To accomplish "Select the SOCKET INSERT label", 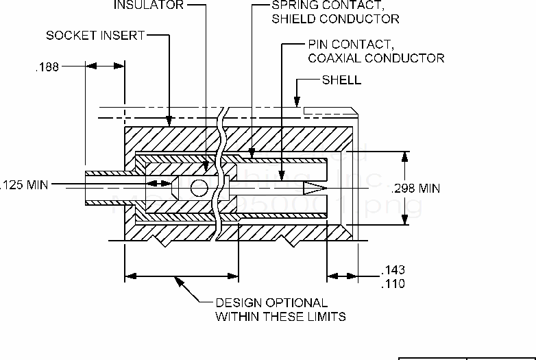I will pyautogui.click(x=96, y=34).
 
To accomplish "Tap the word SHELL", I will pyautogui.click(x=341, y=80).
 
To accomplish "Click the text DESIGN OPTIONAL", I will pyautogui.click(x=271, y=302).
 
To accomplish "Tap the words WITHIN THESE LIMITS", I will pyautogui.click(x=280, y=316).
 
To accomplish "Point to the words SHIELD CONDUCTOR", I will pyautogui.click(x=334, y=19).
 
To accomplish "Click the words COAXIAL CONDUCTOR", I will pyautogui.click(x=376, y=58).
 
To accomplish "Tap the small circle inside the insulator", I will pyautogui.click(x=199, y=187).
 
